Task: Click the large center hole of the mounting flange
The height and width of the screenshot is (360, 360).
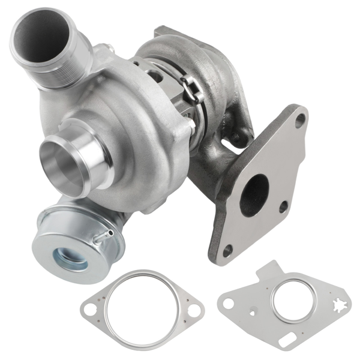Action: [x=256, y=195]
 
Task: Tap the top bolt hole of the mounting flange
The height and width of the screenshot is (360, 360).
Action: [x=298, y=120]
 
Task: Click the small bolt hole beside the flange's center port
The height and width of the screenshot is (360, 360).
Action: [x=283, y=207]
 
